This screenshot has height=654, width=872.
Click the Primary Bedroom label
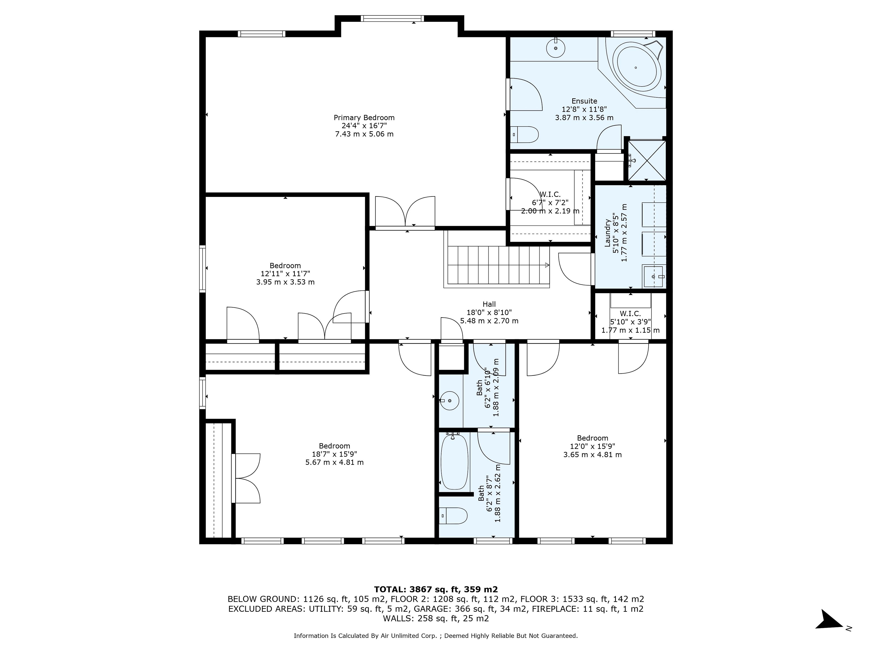[364, 117]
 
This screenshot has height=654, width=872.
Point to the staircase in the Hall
[497, 265]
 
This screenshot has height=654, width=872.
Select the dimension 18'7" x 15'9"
[334, 454]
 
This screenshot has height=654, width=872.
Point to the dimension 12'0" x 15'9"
[592, 446]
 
